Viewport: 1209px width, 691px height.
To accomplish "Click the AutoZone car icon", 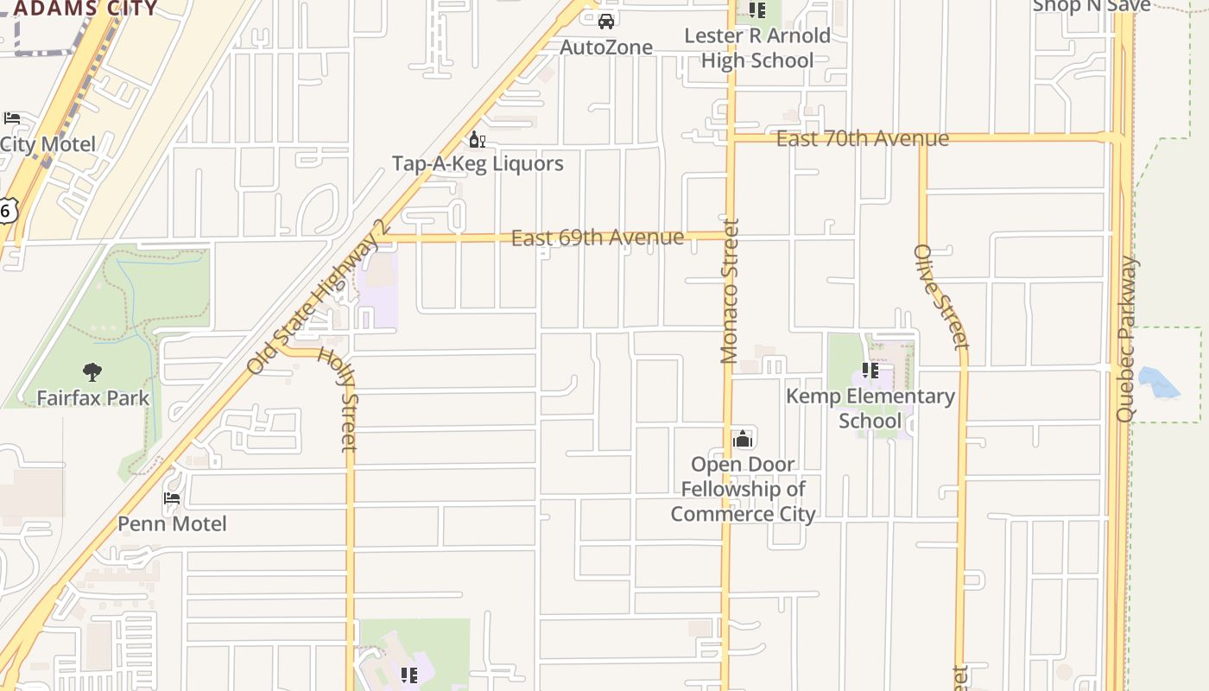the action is (x=606, y=21).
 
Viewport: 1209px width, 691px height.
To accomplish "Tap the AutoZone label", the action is (x=606, y=47).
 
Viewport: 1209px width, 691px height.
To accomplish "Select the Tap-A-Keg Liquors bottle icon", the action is (x=477, y=139).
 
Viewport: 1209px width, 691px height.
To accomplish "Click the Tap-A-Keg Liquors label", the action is (x=478, y=163).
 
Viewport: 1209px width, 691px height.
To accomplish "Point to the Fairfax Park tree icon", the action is (x=92, y=372).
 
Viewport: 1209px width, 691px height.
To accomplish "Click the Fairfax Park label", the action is (x=93, y=398).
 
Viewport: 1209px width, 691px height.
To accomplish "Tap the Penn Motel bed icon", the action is (x=172, y=498).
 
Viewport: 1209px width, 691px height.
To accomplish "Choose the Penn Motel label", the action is (x=172, y=523).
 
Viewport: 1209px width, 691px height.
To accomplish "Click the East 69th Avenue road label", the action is (x=598, y=238).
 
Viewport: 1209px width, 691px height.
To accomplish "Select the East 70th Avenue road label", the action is (x=862, y=138).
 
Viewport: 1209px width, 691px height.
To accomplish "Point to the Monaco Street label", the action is (x=731, y=291).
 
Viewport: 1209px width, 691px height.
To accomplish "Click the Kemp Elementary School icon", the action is (x=870, y=371).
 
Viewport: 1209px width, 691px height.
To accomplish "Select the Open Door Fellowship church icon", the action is (x=743, y=439).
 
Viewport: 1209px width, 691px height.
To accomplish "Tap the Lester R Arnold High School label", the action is (x=757, y=48).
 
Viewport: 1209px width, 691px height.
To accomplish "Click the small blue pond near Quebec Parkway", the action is (x=1158, y=383).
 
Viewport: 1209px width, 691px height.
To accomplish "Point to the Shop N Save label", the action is (x=1092, y=6).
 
